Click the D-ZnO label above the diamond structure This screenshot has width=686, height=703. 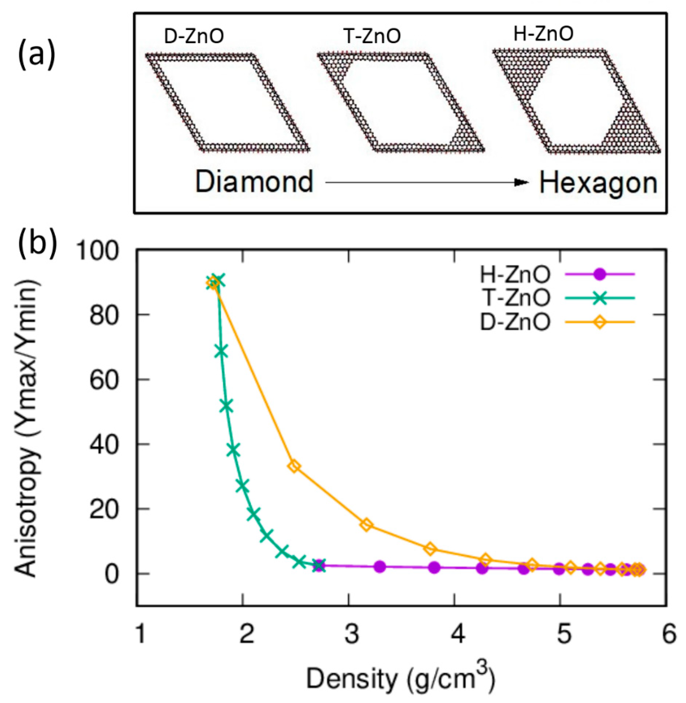(194, 37)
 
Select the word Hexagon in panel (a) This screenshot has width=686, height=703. (598, 183)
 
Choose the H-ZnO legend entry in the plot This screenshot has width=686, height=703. (515, 275)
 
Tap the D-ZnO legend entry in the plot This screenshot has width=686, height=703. (515, 322)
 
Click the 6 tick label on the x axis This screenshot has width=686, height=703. (669, 635)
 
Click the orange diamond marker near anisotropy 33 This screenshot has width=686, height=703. (294, 467)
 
